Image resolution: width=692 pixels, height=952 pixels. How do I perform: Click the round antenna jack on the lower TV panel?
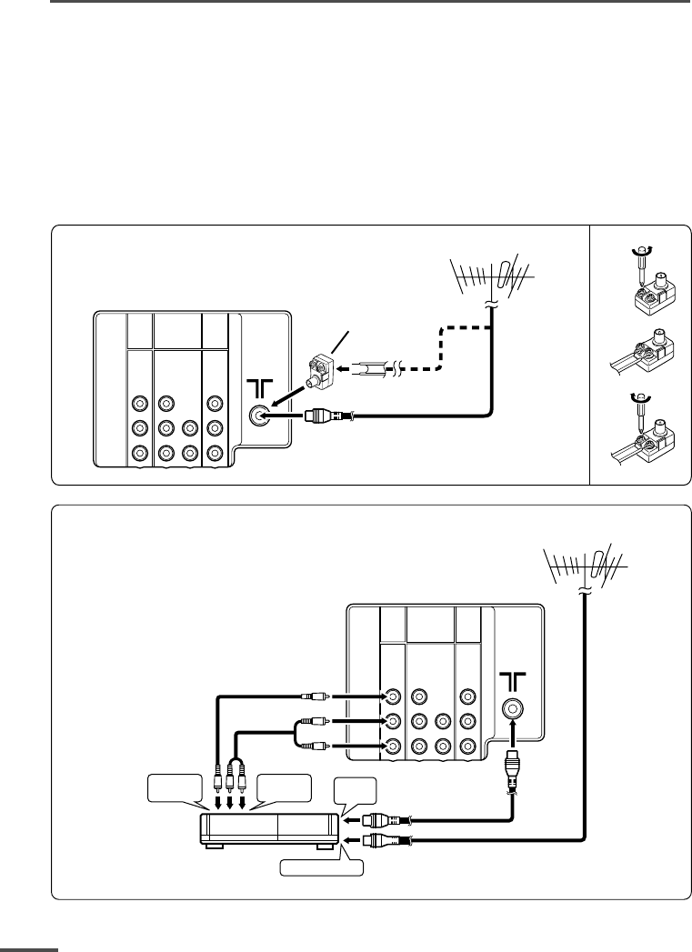click(512, 710)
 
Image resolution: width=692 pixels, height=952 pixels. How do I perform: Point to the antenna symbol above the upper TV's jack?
click(259, 385)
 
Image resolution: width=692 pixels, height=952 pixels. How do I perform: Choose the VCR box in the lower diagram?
click(268, 827)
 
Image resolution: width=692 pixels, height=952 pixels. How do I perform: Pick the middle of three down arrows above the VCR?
click(231, 803)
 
